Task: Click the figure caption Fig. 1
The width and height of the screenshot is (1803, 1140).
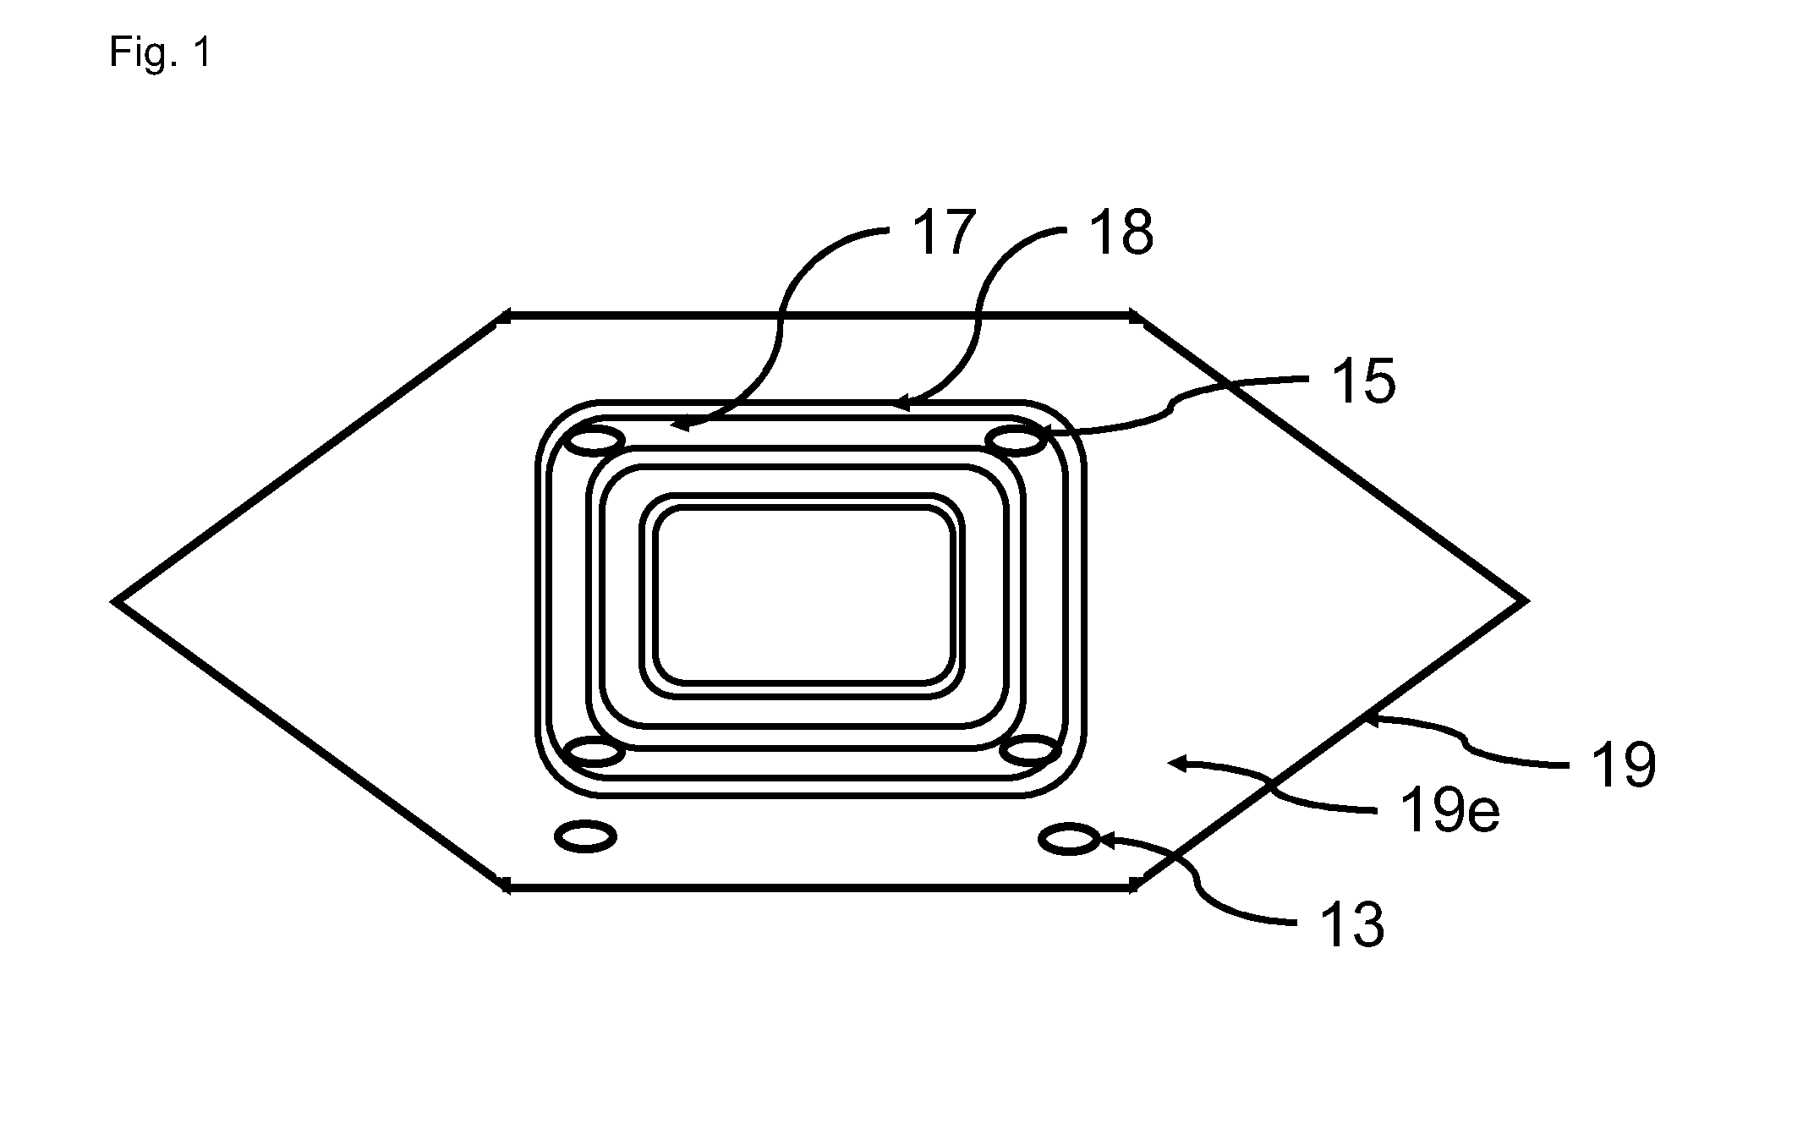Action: click(x=160, y=53)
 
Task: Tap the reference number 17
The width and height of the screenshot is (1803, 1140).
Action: click(x=944, y=233)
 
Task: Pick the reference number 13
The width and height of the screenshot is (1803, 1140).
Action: click(x=1352, y=925)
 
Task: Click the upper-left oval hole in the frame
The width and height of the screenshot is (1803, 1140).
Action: click(x=594, y=441)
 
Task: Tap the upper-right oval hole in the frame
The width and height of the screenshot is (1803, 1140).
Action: click(x=1015, y=441)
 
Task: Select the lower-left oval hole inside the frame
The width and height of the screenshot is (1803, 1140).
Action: click(x=594, y=751)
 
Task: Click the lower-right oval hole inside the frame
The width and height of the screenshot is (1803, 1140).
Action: click(x=1029, y=751)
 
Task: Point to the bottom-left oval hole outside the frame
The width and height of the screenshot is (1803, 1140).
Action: click(x=585, y=836)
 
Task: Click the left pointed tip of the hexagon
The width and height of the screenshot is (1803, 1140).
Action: click(x=115, y=601)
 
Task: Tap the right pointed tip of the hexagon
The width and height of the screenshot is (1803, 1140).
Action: click(x=1524, y=601)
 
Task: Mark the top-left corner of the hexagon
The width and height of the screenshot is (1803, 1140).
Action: click(x=501, y=317)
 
